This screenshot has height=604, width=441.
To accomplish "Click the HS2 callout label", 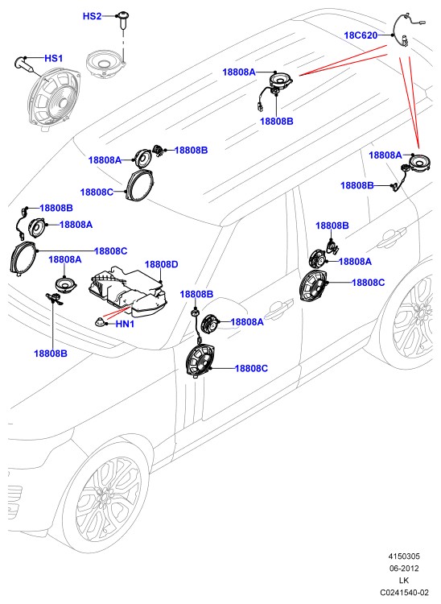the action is pyautogui.click(x=92, y=16).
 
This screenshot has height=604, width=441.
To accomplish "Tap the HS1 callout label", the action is pyautogui.click(x=53, y=58).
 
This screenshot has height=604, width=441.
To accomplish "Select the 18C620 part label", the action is pyautogui.click(x=361, y=35).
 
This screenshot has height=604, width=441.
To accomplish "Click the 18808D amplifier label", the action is pyautogui.click(x=161, y=264).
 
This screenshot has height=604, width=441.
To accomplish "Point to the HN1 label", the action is pyautogui.click(x=125, y=324).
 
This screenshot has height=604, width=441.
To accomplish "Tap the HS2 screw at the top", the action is pyautogui.click(x=123, y=20).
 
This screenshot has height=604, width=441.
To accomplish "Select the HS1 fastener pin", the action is pyautogui.click(x=27, y=64).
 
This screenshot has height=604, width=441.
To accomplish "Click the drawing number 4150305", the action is pyautogui.click(x=404, y=556).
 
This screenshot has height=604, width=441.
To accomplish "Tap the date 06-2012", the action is pyautogui.click(x=404, y=569).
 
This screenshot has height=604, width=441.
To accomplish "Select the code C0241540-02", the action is pyautogui.click(x=404, y=592).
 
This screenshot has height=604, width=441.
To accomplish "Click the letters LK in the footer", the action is pyautogui.click(x=404, y=580).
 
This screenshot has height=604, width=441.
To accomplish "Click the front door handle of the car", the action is pyautogui.click(x=280, y=308).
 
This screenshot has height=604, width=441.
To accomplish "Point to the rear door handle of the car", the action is pyautogui.click(x=391, y=238).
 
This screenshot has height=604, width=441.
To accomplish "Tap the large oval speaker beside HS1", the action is pyautogui.click(x=54, y=97).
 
